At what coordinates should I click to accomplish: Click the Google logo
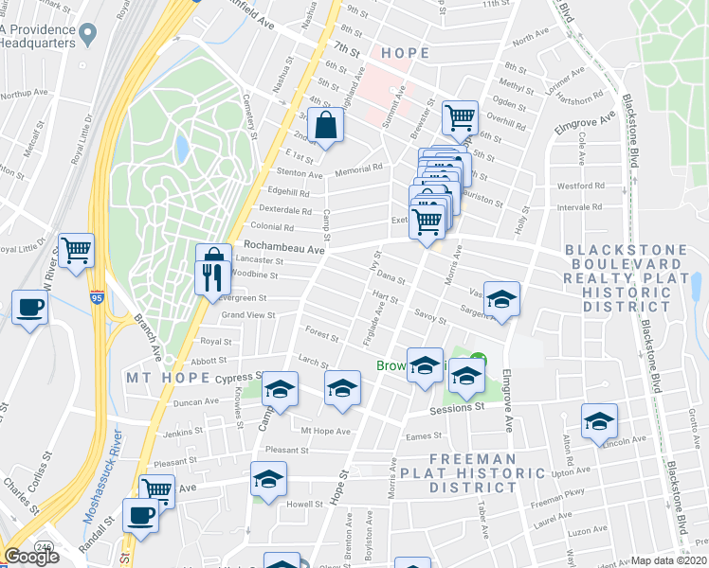tap(30, 557)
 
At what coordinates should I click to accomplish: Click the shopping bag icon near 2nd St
tap(325, 125)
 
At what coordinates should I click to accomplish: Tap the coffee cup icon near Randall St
tap(142, 516)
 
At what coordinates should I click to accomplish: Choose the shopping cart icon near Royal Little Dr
tap(76, 251)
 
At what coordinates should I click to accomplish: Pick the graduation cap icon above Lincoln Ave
tap(599, 421)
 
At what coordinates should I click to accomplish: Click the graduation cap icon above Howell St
tap(269, 478)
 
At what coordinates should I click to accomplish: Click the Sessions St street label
tap(457, 408)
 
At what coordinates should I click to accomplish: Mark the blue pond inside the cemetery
tap(181, 149)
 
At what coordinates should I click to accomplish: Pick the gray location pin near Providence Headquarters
tap(88, 35)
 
